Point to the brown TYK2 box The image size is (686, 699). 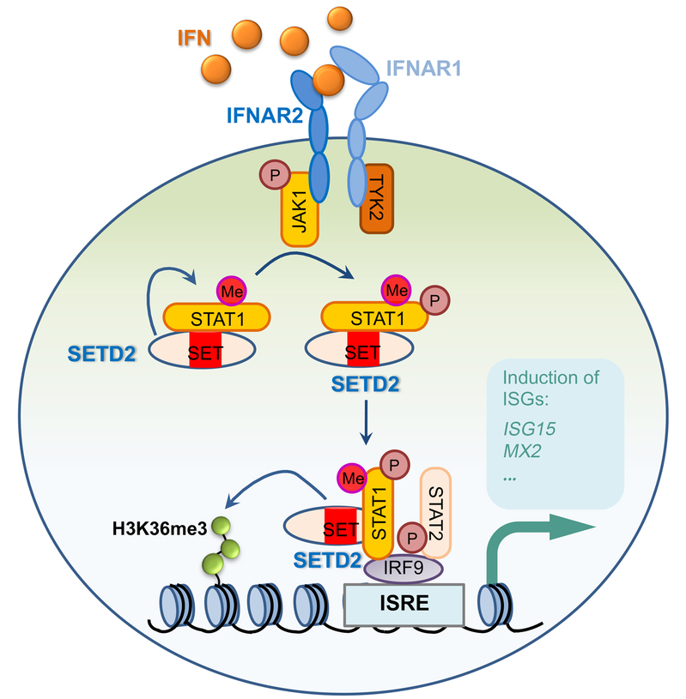pos(375,199)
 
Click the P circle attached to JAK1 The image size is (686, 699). pos(274,176)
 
